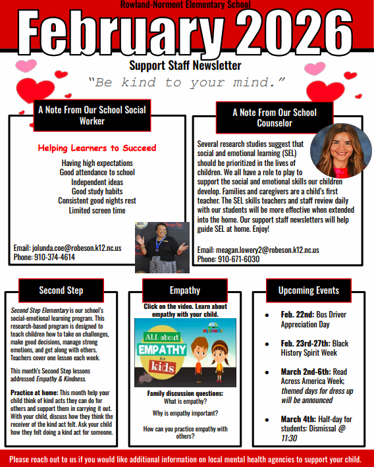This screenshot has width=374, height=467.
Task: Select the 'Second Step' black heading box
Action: (61, 290)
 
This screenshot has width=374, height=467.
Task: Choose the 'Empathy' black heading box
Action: (185, 290)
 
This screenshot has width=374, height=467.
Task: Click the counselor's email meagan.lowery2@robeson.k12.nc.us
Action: (258, 250)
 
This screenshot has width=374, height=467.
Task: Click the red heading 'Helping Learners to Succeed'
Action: (97, 148)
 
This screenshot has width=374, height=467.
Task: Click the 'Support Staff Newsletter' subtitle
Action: (185, 65)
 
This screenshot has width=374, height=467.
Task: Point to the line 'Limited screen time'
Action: (97, 211)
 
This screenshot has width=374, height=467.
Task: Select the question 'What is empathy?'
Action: (185, 401)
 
